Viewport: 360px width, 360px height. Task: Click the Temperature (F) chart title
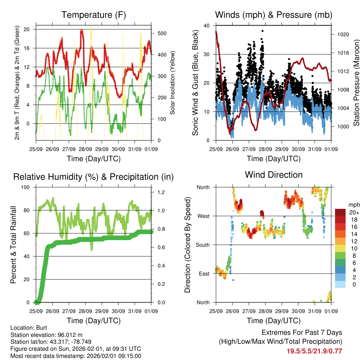pos(94,15)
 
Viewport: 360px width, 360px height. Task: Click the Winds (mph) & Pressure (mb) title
pos(274,15)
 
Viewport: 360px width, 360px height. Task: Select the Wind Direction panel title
pos(274,175)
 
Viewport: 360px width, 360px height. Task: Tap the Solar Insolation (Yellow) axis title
pos(173,83)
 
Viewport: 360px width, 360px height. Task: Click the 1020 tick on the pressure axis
pos(342,35)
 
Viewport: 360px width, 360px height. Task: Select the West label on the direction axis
pos(203,216)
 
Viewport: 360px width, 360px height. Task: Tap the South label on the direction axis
pos(202,245)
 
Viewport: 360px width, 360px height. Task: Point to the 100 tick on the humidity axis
pos(25,187)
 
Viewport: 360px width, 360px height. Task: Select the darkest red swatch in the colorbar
pos(340,212)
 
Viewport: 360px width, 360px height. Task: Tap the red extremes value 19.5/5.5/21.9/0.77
pos(314,351)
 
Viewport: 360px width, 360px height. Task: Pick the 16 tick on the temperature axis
pos(27,48)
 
